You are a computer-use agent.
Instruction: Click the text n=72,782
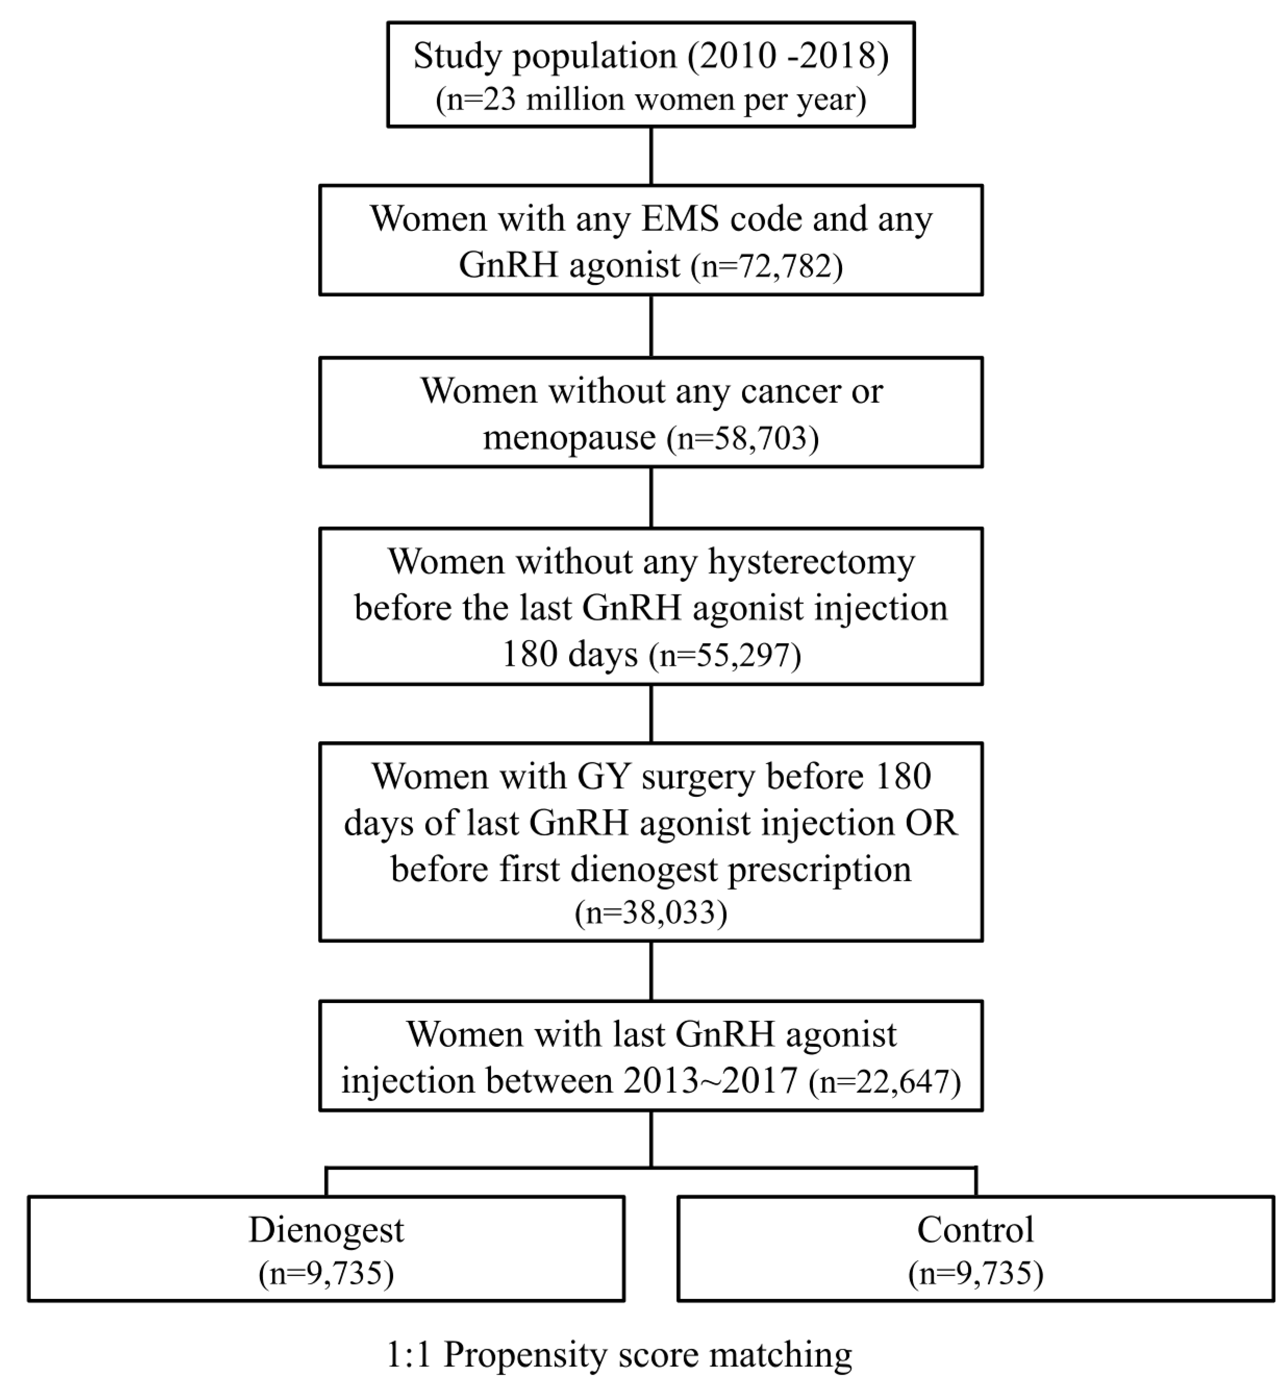coord(766,266)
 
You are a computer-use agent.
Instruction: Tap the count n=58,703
coord(742,438)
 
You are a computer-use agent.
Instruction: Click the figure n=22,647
coord(884,1082)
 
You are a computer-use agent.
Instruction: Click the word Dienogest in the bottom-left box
coord(326,1230)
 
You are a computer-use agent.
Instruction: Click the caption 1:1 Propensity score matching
coord(619,1353)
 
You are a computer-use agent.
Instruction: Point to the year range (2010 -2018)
coord(788,56)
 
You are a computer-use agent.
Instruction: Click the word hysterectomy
coord(811,562)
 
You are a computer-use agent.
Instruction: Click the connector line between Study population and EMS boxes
coord(651,156)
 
